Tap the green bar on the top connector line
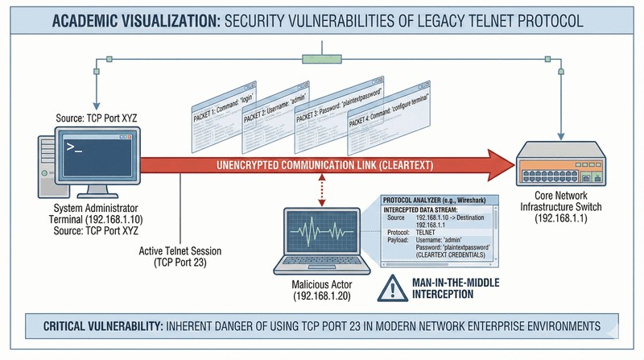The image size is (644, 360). pyautogui.click(x=322, y=59)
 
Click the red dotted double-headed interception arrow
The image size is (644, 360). pyautogui.click(x=322, y=191)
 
